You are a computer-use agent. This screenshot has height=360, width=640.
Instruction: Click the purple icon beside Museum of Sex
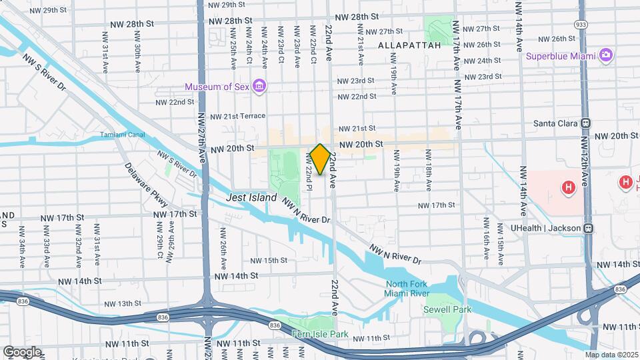click(x=260, y=87)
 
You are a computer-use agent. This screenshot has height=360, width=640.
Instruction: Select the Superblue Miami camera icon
click(x=606, y=55)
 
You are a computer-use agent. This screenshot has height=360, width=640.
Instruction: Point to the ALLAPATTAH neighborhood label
click(x=409, y=45)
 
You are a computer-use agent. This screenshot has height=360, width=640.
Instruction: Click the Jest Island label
click(x=251, y=198)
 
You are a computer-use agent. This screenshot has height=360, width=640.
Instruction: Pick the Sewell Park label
click(x=447, y=309)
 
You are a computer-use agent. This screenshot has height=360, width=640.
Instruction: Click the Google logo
click(x=22, y=352)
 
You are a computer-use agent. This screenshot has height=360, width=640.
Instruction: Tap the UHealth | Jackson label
click(x=546, y=228)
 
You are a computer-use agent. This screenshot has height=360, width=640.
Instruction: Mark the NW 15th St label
click(x=269, y=260)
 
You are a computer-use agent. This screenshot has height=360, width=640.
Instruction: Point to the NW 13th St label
click(x=116, y=303)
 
